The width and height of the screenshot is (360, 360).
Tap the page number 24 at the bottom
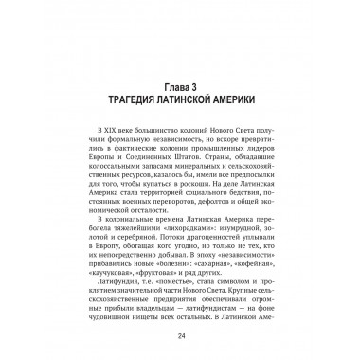[x=180, y=348]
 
